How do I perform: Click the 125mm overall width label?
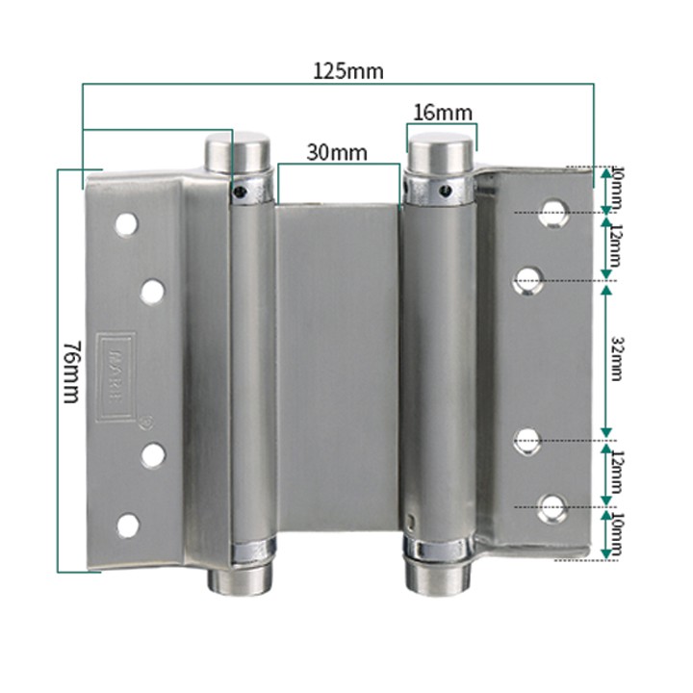[x=347, y=70]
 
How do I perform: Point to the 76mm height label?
[x=70, y=371]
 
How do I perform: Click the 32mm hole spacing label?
[x=616, y=359]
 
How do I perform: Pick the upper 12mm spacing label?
[x=616, y=247]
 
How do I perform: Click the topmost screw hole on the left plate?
[x=126, y=225]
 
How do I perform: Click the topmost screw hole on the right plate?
[x=553, y=212]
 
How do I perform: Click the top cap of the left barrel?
[x=234, y=152]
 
